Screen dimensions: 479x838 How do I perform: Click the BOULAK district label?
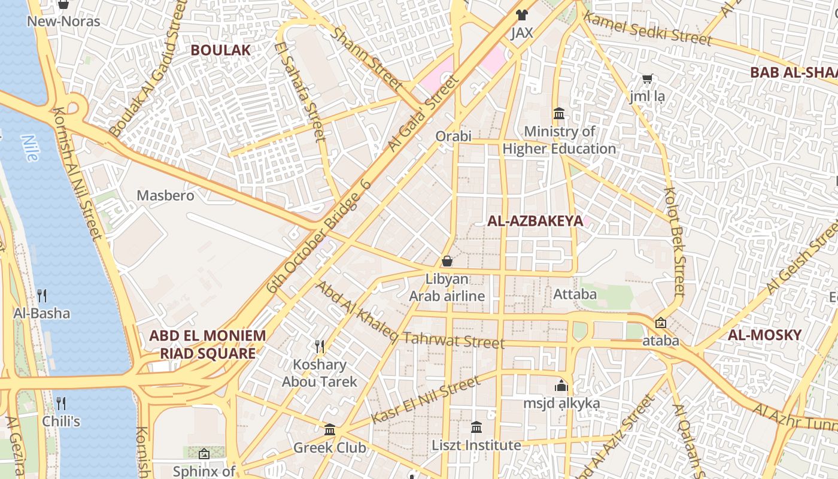coord(220,50)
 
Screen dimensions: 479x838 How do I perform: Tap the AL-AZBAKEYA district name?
coord(535,221)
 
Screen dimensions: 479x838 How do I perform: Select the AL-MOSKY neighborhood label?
coord(764,335)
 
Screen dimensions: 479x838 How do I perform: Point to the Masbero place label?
coord(165,195)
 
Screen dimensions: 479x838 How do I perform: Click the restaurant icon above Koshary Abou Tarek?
coord(320,346)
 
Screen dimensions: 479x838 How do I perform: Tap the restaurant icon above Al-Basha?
coord(42,295)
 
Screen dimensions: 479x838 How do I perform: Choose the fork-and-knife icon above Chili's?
coord(60,403)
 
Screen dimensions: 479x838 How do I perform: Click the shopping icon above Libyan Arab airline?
coord(447,261)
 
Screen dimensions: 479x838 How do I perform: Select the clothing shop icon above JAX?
coord(522,15)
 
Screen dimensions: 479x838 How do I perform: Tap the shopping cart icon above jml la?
coord(647,78)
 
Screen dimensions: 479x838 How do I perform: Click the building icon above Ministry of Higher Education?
coord(559,113)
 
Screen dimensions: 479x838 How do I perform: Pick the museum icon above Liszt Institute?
coord(476,427)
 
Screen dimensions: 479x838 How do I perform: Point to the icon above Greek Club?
coord(330,429)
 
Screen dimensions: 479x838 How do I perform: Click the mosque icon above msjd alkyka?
coord(561,385)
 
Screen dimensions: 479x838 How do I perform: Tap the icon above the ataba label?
coord(660,323)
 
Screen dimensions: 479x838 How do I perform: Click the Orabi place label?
coord(454,136)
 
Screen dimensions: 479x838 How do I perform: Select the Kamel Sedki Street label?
coord(648,28)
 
